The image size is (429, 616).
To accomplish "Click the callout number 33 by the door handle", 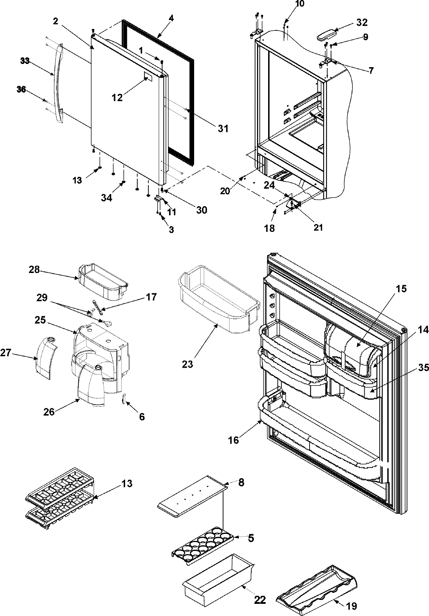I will coord(25,61).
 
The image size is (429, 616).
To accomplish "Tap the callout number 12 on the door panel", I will coord(117,97).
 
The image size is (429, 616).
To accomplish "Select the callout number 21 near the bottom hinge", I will coord(318,227).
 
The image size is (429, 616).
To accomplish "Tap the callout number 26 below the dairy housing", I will coord(49,412).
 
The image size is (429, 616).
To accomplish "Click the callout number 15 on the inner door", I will coord(401,288).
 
